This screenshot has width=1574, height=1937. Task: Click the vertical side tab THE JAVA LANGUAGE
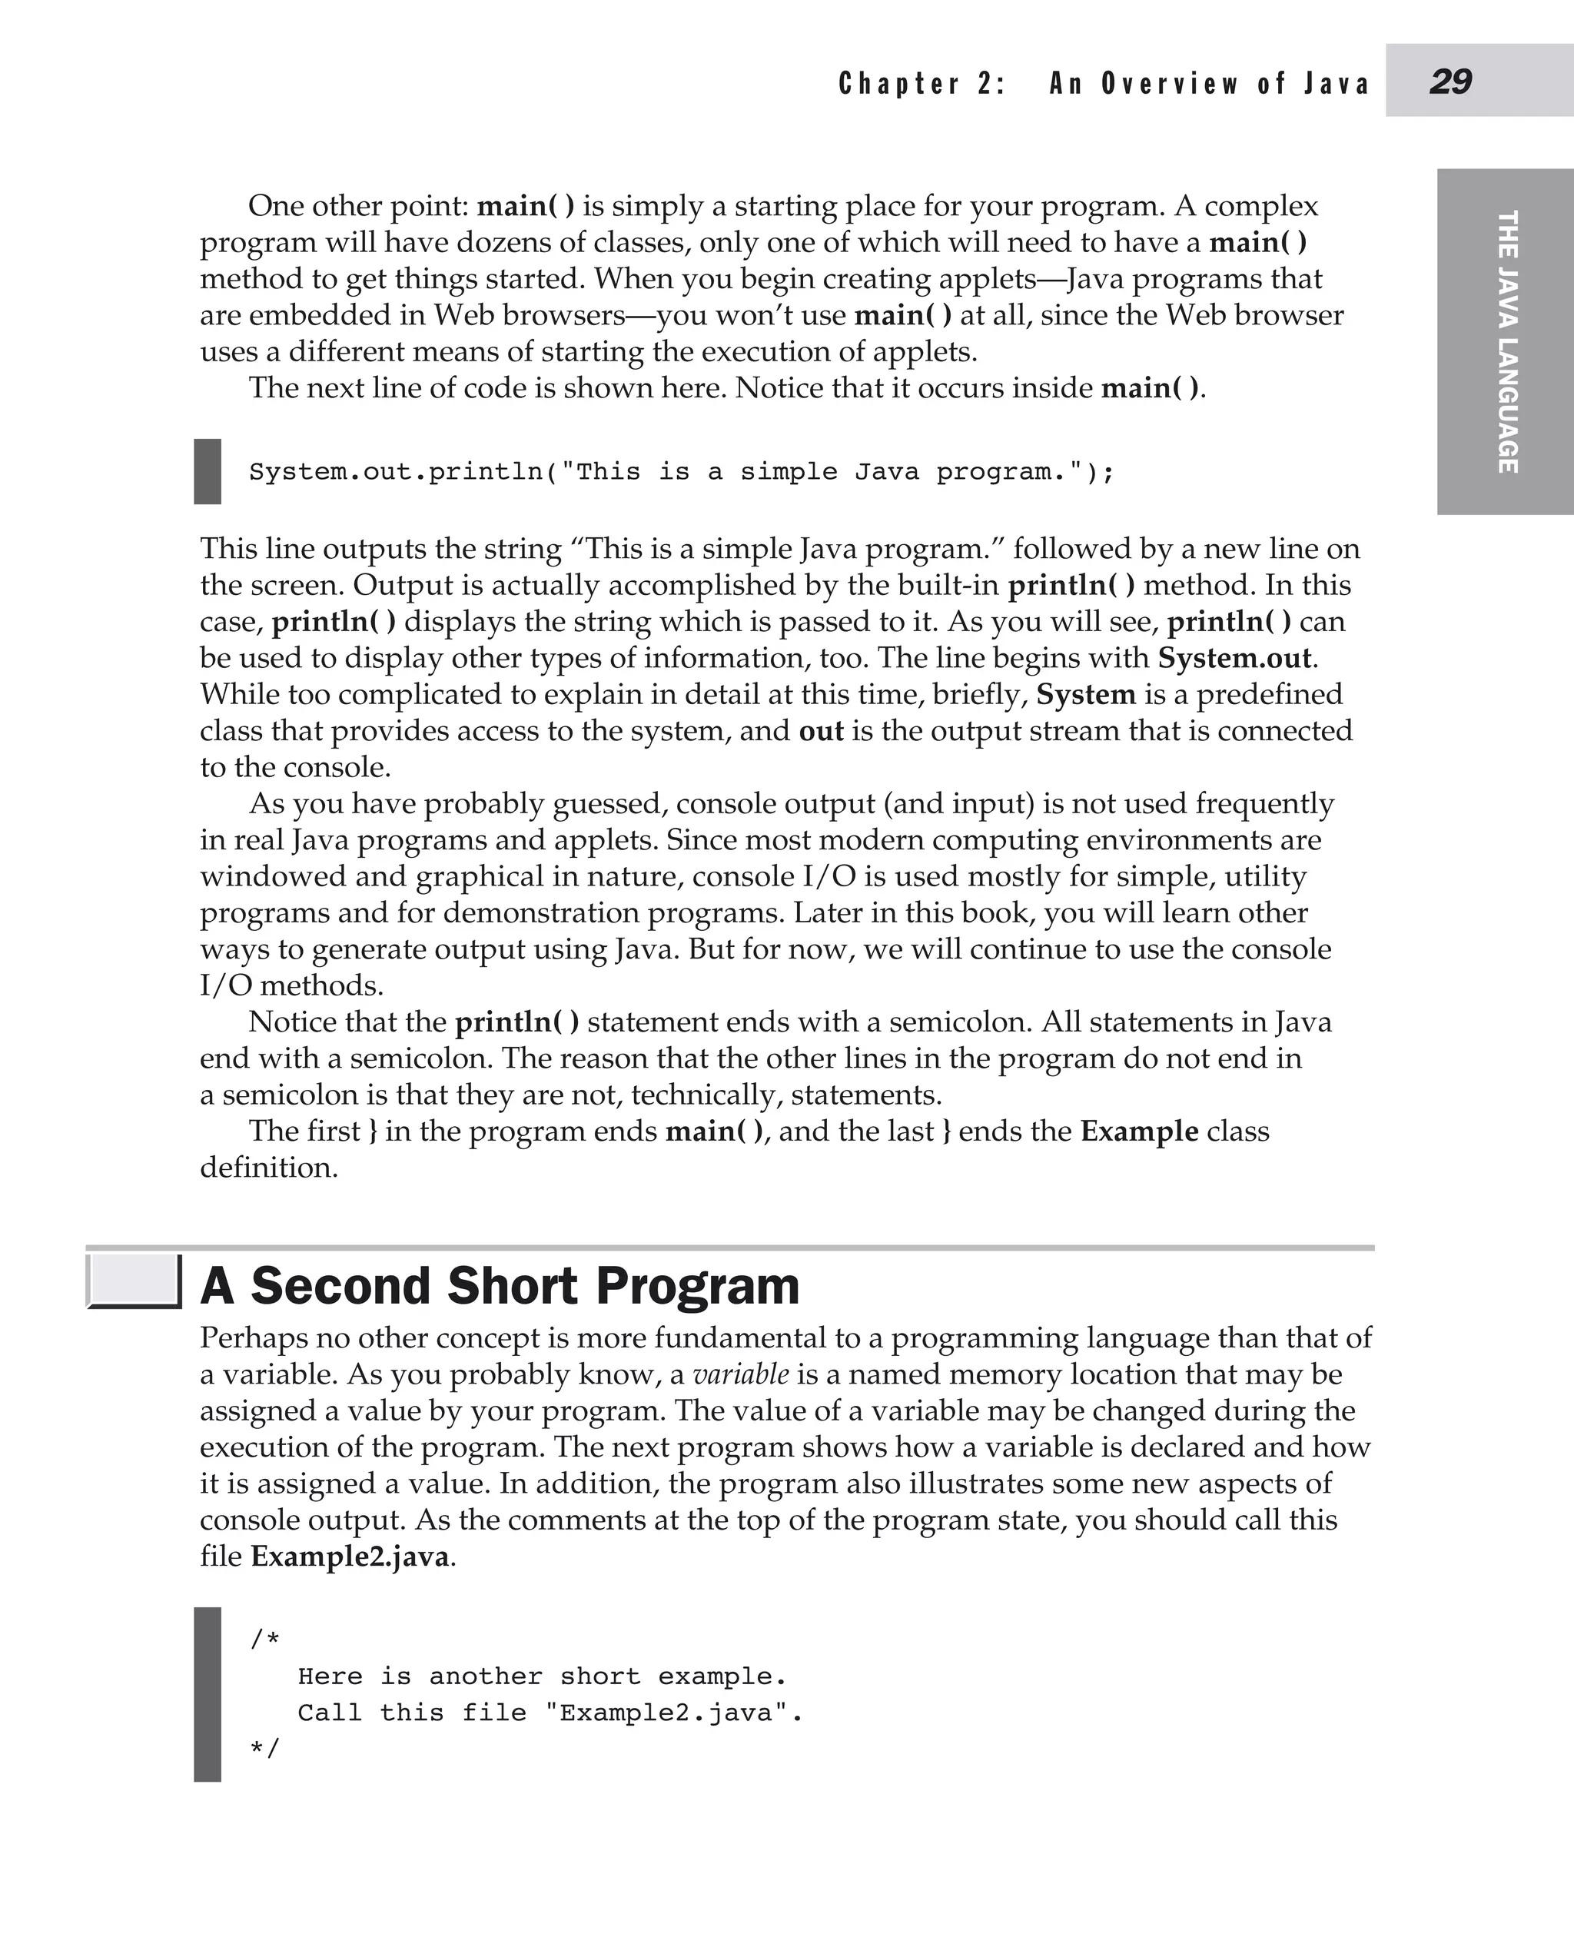pos(1506,341)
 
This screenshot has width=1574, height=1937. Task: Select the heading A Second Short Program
pos(500,1285)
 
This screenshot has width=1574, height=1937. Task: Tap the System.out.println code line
pos(681,471)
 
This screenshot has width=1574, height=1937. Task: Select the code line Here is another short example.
pos(541,1676)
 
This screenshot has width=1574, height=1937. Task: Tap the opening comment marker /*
pos(264,1639)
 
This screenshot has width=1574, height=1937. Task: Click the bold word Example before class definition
pos(1139,1131)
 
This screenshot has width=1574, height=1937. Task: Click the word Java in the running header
pos(1336,84)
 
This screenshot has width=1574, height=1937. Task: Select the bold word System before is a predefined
pos(1085,694)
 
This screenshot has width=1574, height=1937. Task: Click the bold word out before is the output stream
pos(821,730)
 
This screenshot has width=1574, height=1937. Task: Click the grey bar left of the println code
pos(208,471)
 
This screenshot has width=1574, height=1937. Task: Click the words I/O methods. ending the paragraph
pos(291,985)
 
